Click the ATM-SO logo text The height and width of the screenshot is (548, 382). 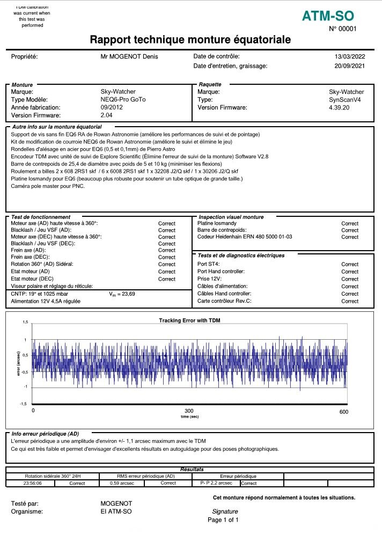(328, 17)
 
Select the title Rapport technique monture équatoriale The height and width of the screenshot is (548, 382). (190, 40)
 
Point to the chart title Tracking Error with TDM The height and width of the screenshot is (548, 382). (189, 320)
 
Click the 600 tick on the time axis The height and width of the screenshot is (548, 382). (344, 412)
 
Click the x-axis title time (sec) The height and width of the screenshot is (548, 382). (189, 417)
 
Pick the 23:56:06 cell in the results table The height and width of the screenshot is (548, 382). (32, 483)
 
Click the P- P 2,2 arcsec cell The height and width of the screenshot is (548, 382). (212, 483)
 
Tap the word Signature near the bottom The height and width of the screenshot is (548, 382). (225, 512)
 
